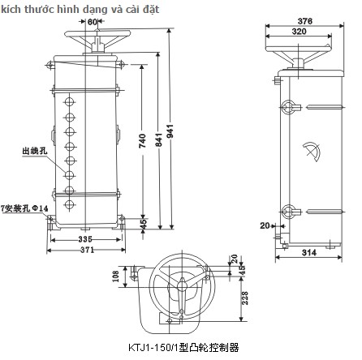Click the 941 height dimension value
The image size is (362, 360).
point(170,131)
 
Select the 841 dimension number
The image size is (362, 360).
point(159,139)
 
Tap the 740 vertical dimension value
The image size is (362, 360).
point(142,141)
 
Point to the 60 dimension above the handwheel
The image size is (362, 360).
point(93,22)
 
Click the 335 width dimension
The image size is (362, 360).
point(85,239)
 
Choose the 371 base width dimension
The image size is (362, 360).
point(87,250)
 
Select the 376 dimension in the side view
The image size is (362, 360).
point(305,21)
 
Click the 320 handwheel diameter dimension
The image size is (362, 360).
point(299,32)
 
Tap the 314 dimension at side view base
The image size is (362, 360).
point(309,252)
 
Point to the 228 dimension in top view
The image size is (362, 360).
point(244,298)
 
